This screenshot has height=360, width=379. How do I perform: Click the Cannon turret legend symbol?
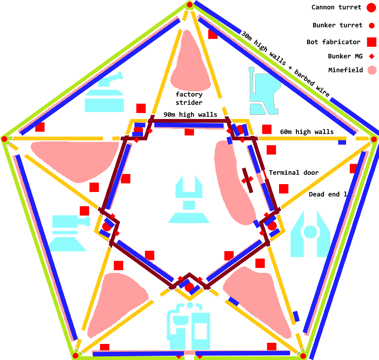(371, 7)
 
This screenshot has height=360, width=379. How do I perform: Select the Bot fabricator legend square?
(372, 42)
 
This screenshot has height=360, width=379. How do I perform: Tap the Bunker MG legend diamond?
(372, 57)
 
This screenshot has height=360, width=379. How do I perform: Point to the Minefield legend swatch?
(372, 70)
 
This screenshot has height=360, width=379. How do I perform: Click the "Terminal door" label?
(294, 173)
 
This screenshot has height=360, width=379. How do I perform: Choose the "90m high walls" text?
(190, 114)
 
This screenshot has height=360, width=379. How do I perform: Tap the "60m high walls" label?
(307, 131)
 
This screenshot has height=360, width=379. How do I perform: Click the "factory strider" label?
(189, 98)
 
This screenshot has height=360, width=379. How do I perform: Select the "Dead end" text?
(324, 194)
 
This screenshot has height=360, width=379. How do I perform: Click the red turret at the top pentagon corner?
(189, 4)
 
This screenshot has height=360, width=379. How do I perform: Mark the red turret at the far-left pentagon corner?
(4, 139)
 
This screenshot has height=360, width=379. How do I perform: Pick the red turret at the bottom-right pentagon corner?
(303, 356)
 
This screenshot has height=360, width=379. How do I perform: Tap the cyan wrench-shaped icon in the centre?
(189, 200)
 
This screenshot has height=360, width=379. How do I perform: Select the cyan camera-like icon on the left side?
(69, 232)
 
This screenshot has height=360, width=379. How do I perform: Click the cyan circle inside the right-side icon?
(310, 232)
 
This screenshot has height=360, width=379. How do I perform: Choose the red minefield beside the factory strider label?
(191, 62)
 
